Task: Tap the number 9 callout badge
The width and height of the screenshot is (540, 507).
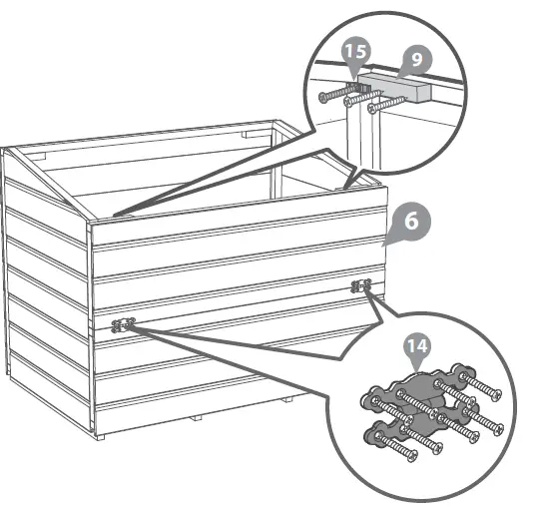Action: pos(416,59)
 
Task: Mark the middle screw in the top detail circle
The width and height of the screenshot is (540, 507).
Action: pos(357,101)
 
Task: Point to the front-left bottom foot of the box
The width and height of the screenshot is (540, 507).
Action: pos(103,435)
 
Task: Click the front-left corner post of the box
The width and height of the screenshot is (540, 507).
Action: pos(92,329)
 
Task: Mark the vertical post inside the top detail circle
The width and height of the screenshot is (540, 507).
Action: pos(358,140)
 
